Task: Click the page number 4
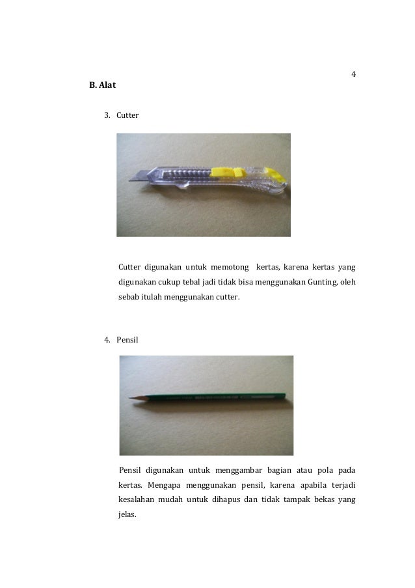pyautogui.click(x=353, y=74)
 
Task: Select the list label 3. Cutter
pyautogui.click(x=122, y=115)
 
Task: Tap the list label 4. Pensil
pyautogui.click(x=122, y=339)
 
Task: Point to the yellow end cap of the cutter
pyautogui.click(x=278, y=175)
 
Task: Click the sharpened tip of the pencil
pyautogui.click(x=132, y=397)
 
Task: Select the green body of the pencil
pyautogui.click(x=215, y=395)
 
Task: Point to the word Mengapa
pyautogui.click(x=163, y=485)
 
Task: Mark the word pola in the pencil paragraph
pyautogui.click(x=325, y=470)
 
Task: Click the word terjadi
pyautogui.click(x=342, y=485)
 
